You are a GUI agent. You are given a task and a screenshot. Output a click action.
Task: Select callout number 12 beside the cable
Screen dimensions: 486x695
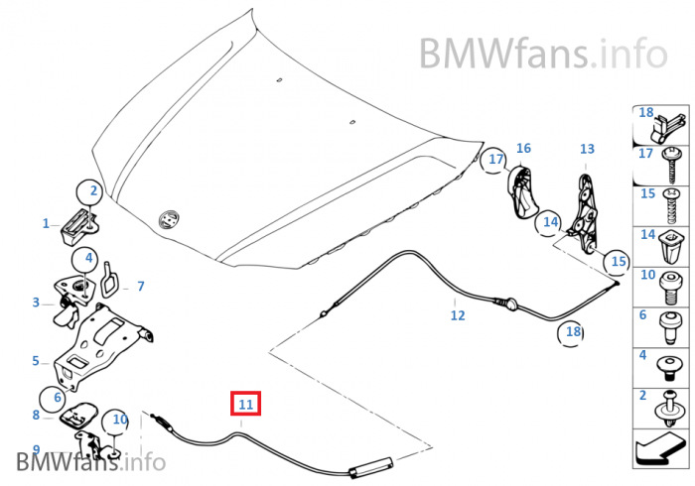[x=457, y=316]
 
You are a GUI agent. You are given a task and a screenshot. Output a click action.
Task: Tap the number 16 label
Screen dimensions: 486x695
[x=523, y=149]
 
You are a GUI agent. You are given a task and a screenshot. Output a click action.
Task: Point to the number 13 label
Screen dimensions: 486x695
[x=587, y=150]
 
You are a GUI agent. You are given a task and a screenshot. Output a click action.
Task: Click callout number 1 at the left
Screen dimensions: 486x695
[x=46, y=224]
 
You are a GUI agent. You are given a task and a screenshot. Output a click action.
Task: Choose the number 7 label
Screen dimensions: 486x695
[x=140, y=287]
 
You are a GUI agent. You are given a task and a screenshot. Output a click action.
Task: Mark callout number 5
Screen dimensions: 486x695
[x=35, y=361]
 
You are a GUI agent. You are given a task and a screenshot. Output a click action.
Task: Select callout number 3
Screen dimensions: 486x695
[x=36, y=303]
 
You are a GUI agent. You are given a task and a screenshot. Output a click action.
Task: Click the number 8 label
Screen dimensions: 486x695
[x=36, y=416]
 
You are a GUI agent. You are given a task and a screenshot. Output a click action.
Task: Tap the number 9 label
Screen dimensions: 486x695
[x=36, y=449]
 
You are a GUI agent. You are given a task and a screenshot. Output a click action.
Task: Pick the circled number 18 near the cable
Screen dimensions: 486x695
[x=572, y=332]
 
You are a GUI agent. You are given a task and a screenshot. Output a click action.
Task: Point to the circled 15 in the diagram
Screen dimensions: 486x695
[x=619, y=262]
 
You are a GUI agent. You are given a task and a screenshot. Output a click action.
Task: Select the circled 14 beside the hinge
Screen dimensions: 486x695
[x=551, y=224]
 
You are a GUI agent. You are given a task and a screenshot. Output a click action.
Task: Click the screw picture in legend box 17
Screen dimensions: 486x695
[x=672, y=158]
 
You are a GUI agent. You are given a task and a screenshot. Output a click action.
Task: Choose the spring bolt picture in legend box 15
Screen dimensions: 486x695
[x=672, y=201]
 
